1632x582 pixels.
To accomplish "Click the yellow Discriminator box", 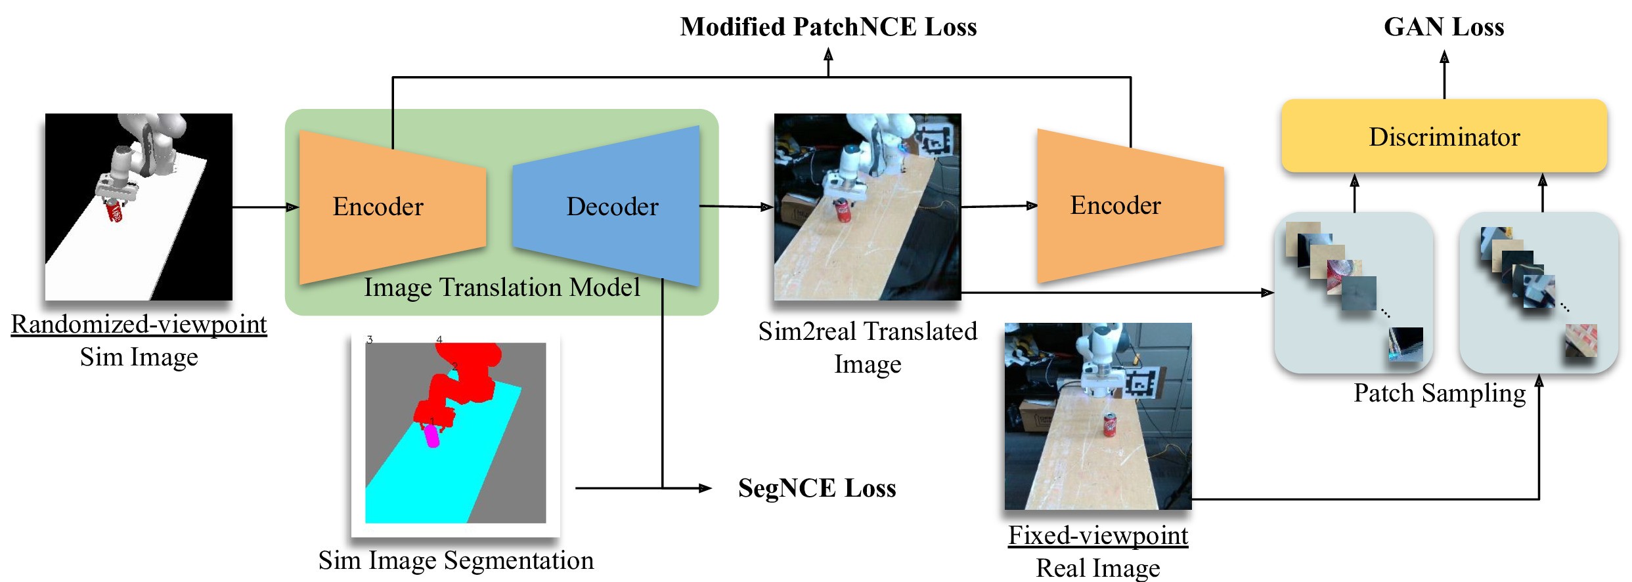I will click(x=1444, y=136).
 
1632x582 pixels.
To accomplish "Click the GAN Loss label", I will click(x=1444, y=27).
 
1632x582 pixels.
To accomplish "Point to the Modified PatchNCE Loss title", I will click(x=828, y=27).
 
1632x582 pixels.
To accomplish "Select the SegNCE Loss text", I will click(x=816, y=488).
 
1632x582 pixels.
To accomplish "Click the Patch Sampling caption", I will click(x=1439, y=393).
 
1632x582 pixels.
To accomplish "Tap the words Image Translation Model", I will click(x=502, y=287).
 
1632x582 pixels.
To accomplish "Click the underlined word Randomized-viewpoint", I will click(x=139, y=324).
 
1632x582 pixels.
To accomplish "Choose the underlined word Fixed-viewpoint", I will click(x=1097, y=535).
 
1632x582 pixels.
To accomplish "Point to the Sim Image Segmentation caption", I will click(x=456, y=560).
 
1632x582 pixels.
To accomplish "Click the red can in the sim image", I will click(x=114, y=212).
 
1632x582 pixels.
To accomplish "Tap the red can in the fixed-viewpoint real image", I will click(x=1109, y=425).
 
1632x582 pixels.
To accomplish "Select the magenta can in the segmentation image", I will click(x=432, y=436).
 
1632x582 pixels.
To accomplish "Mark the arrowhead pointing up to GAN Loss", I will click(x=1444, y=58).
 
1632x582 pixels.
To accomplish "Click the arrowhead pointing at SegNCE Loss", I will click(x=705, y=488).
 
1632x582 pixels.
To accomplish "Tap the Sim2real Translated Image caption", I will click(x=868, y=348).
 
